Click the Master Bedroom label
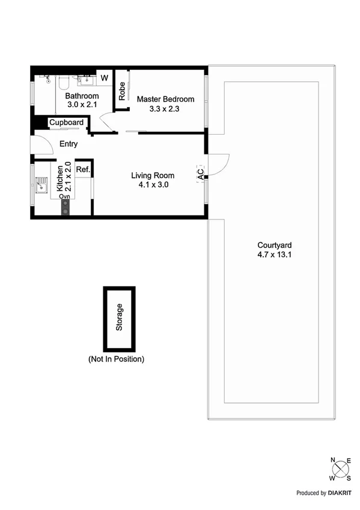(x=165, y=99)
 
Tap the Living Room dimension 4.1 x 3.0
(x=153, y=185)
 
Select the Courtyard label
(x=275, y=245)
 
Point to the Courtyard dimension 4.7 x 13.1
(x=275, y=254)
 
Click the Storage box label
(x=120, y=318)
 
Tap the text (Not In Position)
(x=116, y=359)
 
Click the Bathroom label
(x=82, y=96)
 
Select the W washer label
(x=104, y=78)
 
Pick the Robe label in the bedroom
(x=122, y=91)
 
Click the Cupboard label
(x=66, y=123)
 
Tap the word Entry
(x=69, y=144)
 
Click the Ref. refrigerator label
(x=83, y=170)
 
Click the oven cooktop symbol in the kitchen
(x=65, y=206)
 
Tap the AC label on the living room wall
(x=200, y=172)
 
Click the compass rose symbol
(x=340, y=468)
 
